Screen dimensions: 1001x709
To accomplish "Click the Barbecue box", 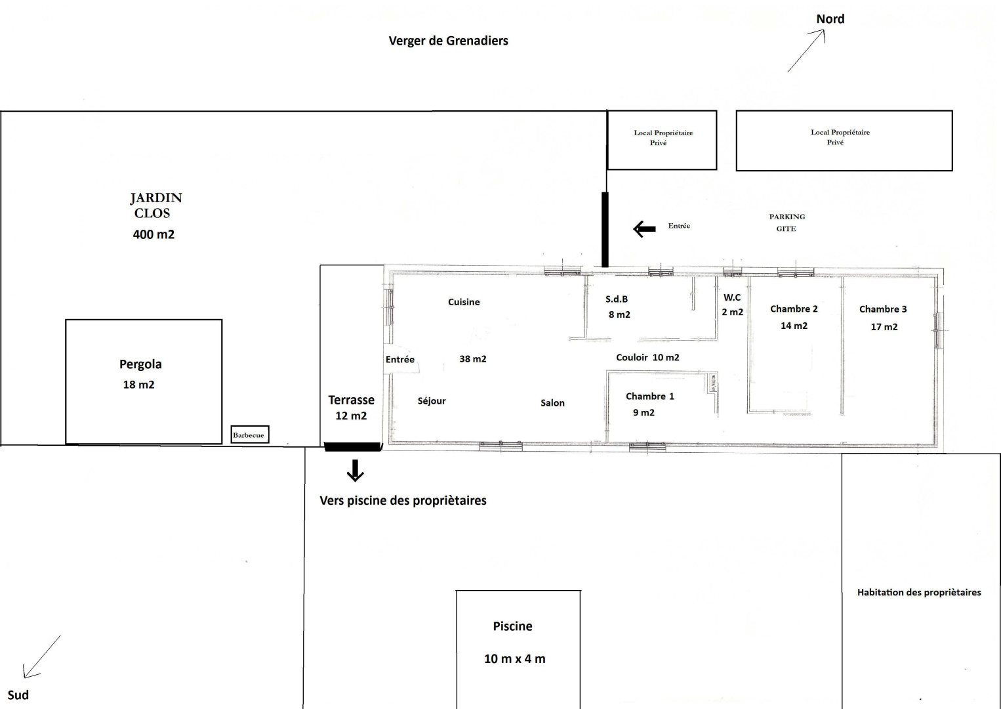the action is tap(250, 435).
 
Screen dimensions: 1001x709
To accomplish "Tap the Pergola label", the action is tap(140, 364).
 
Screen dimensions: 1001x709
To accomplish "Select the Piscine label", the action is tap(512, 626).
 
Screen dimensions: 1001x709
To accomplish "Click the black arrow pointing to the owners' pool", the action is tap(356, 471).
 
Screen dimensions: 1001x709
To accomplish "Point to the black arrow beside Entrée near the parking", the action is tap(644, 229).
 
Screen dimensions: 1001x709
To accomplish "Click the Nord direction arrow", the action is tap(806, 51).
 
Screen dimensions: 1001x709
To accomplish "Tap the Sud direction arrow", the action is tap(41, 656).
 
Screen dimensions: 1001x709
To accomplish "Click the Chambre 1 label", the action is tap(650, 397).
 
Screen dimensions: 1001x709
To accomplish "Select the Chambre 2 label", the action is tap(794, 309).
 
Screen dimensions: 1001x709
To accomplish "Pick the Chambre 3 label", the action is tap(883, 309).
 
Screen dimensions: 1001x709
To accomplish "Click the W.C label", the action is tap(732, 297).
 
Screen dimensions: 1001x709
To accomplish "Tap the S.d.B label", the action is tap(617, 299).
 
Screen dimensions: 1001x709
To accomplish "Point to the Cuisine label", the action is tap(464, 302).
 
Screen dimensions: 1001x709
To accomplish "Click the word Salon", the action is tap(552, 402).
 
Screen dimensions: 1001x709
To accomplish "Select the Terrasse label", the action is tap(351, 400).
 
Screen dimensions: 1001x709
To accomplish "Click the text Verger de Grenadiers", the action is tap(448, 41).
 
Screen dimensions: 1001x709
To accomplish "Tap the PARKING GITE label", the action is tap(787, 223).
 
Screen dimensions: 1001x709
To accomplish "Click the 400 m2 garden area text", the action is tap(153, 234).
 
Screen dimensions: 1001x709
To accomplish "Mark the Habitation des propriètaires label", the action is tap(919, 592).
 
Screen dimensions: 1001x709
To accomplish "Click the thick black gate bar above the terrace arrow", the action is tap(353, 446).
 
